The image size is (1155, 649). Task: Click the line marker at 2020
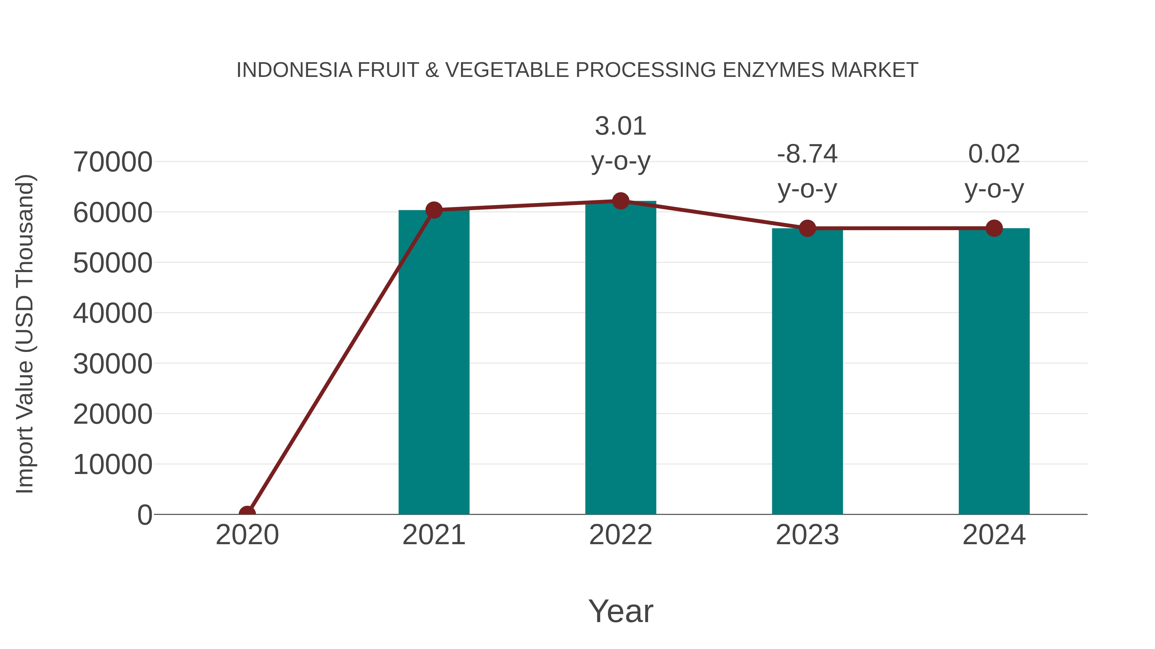click(x=247, y=513)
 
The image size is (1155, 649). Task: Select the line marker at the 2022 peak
click(x=620, y=201)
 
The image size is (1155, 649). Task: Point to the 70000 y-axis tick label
click(x=113, y=162)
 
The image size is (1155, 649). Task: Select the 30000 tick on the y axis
click(x=113, y=364)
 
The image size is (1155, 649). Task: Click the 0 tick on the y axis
click(x=145, y=515)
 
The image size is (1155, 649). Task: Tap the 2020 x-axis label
click(x=247, y=535)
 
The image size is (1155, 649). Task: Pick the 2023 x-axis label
click(x=807, y=535)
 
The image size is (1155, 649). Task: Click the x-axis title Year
click(x=620, y=611)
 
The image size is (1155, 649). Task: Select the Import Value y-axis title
click(x=25, y=334)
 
